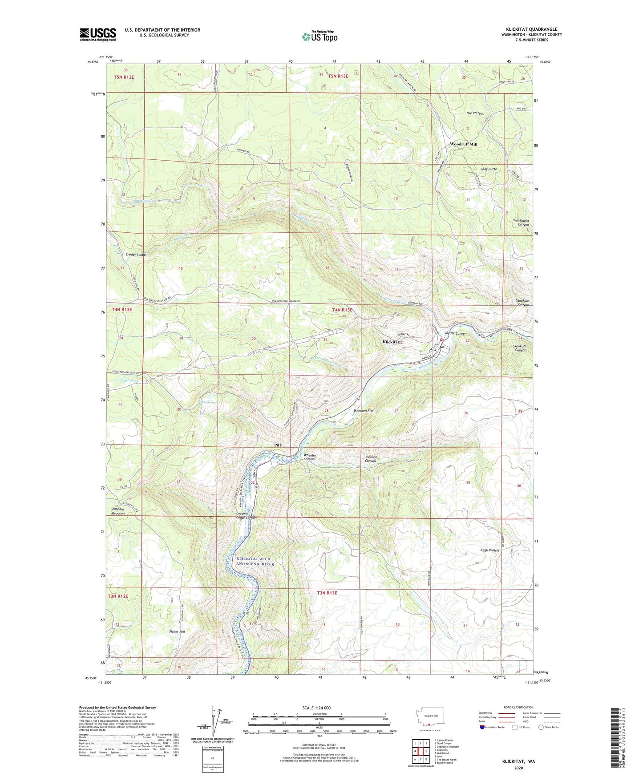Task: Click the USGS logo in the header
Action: (x=97, y=34)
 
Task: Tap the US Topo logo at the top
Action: (x=319, y=36)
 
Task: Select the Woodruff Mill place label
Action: (x=463, y=144)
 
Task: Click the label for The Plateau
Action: (x=475, y=113)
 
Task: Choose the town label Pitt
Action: (x=278, y=445)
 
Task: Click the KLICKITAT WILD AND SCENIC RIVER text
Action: (x=255, y=561)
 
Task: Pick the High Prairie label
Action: (x=490, y=550)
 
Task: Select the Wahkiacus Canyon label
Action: (x=520, y=222)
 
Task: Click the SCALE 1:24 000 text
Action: (x=316, y=708)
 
